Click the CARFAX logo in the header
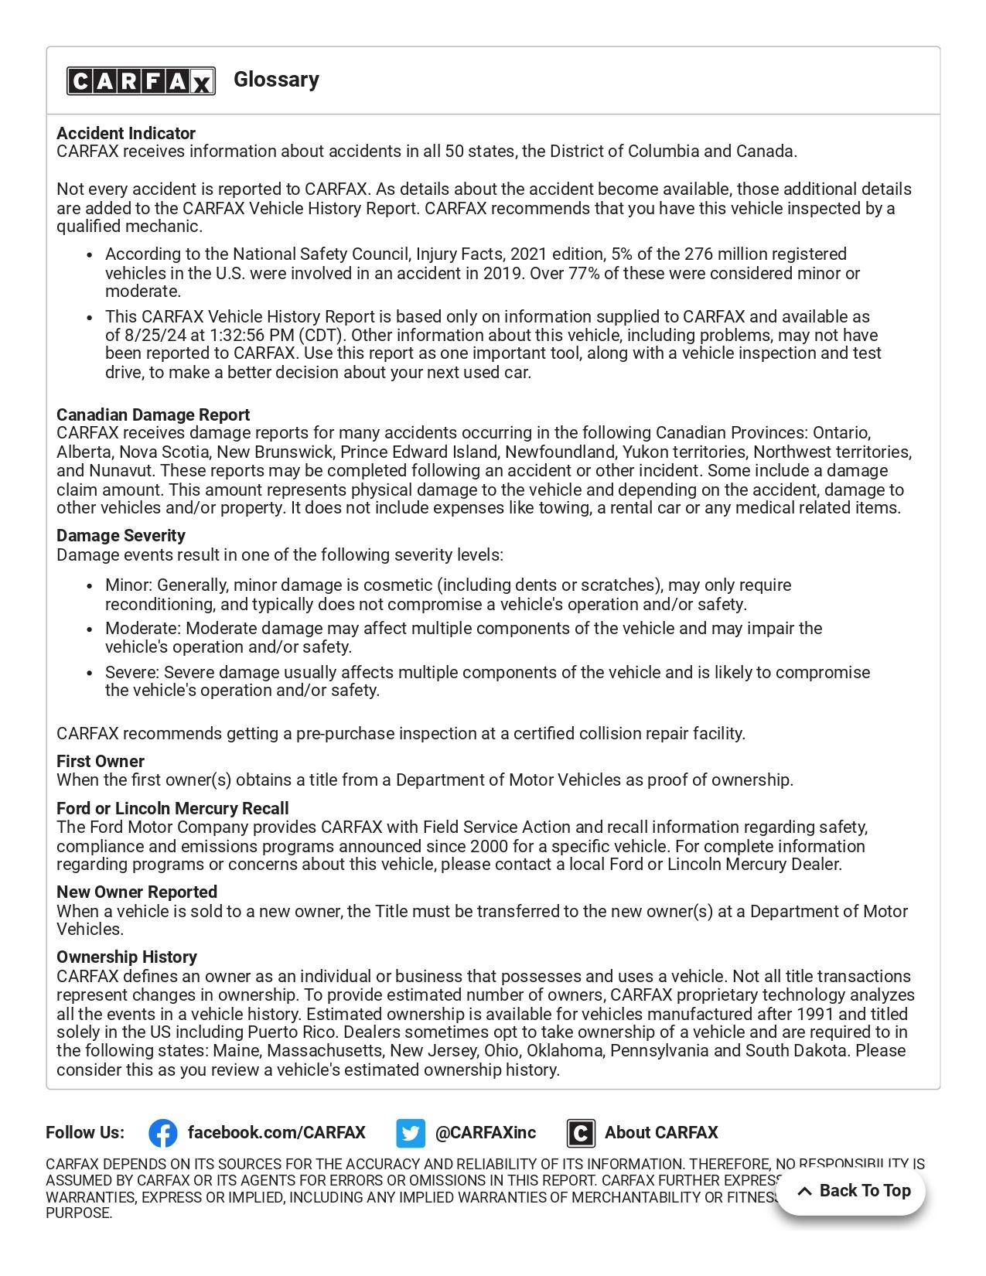pyautogui.click(x=141, y=80)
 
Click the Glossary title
pyautogui.click(x=276, y=80)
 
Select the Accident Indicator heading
pyautogui.click(x=126, y=133)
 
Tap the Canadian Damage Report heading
pyautogui.click(x=153, y=415)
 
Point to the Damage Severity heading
pyautogui.click(x=121, y=535)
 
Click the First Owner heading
pyautogui.click(x=101, y=761)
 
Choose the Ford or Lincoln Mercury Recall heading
pyautogui.click(x=172, y=808)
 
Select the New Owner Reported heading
pyautogui.click(x=137, y=892)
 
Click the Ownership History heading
pyautogui.click(x=127, y=957)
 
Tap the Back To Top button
pyautogui.click(x=851, y=1191)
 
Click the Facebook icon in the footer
pyautogui.click(x=163, y=1133)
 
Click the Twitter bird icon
pyautogui.click(x=411, y=1133)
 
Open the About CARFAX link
pyautogui.click(x=661, y=1133)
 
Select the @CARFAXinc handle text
pyautogui.click(x=486, y=1133)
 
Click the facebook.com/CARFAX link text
pyautogui.click(x=276, y=1133)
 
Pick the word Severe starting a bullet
pyautogui.click(x=131, y=672)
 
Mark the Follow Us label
pyautogui.click(x=85, y=1133)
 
